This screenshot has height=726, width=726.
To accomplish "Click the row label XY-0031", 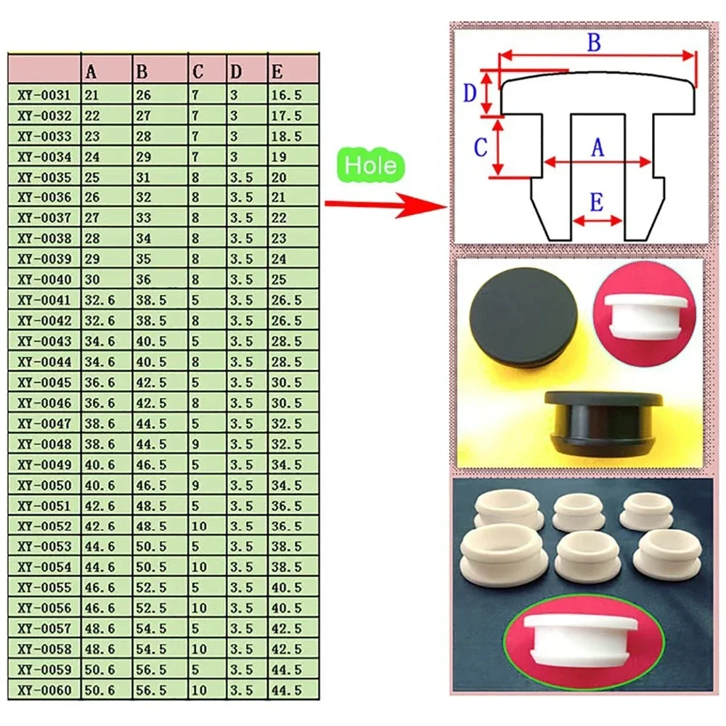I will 45,95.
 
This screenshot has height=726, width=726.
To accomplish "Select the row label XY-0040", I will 45,280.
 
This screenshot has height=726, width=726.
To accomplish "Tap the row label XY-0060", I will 45,690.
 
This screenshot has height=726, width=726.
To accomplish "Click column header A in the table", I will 91,72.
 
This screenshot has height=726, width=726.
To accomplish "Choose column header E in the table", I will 277,72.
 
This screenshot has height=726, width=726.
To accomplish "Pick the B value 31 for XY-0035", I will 144,177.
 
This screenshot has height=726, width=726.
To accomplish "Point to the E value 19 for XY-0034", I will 279,157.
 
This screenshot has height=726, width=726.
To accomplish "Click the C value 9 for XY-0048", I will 196,444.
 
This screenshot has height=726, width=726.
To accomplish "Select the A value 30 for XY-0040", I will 93,280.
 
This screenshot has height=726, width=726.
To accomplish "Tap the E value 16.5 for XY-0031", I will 285,95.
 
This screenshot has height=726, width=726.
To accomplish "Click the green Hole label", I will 370,166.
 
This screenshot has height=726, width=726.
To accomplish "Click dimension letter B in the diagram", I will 594,43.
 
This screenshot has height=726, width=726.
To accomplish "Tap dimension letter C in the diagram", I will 481,147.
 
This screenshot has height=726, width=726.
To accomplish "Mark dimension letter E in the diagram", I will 597,203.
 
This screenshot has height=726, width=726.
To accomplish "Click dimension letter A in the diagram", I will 597,148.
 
